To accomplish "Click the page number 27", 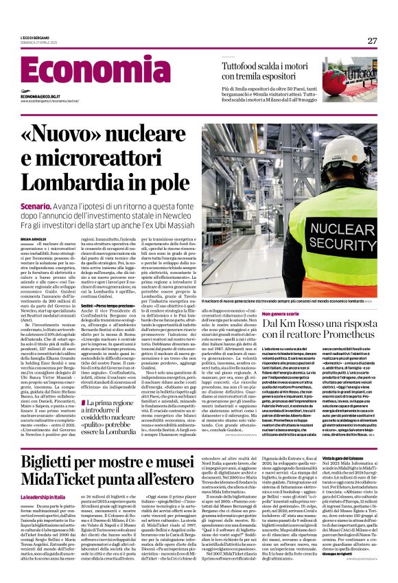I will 371,41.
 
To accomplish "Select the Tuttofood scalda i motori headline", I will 271,71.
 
